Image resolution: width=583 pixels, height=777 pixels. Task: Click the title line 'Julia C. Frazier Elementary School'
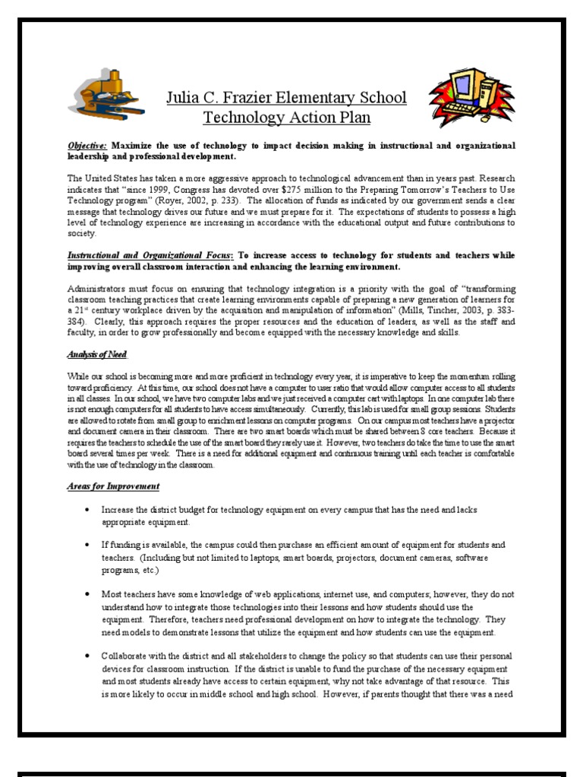click(x=286, y=98)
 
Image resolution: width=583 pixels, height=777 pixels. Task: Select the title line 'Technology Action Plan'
click(x=286, y=118)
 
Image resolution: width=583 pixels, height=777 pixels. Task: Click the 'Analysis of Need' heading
click(x=97, y=354)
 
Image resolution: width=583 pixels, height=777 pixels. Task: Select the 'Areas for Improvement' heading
click(x=114, y=486)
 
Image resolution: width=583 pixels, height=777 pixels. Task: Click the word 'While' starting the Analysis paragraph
click(x=79, y=377)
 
